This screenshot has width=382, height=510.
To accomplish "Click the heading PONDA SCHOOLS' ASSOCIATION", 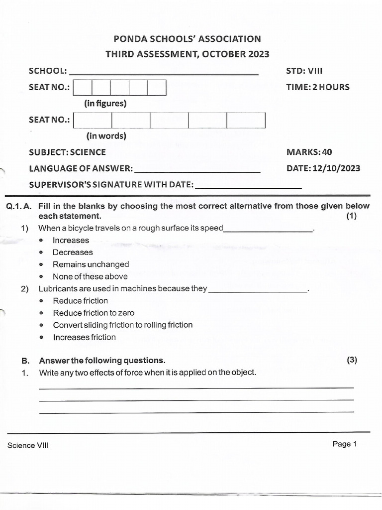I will pyautogui.click(x=187, y=39).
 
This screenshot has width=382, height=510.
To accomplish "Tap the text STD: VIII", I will pyautogui.click(x=307, y=71).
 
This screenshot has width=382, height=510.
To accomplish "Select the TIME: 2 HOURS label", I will pyautogui.click(x=317, y=87).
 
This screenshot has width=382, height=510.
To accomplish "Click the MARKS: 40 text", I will pyautogui.click(x=309, y=152).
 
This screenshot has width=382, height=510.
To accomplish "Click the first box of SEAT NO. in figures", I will pyautogui.click(x=83, y=88).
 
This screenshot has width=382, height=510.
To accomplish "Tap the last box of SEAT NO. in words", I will pyautogui.click(x=246, y=120).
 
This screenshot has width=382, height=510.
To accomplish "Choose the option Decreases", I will pyautogui.click(x=73, y=253).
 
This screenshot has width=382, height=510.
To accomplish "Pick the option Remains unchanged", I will pyautogui.click(x=91, y=264).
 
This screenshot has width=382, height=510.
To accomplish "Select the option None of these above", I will pyautogui.click(x=90, y=276).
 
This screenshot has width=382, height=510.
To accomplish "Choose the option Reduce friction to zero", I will pyautogui.click(x=94, y=313).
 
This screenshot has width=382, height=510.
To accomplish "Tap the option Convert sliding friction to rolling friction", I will pyautogui.click(x=122, y=325).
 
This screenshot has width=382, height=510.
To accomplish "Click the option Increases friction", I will pyautogui.click(x=84, y=337).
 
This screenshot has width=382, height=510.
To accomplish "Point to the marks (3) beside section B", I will pyautogui.click(x=352, y=360).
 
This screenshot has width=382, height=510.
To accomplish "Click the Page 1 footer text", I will pyautogui.click(x=345, y=444).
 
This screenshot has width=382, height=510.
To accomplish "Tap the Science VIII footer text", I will pyautogui.click(x=28, y=446).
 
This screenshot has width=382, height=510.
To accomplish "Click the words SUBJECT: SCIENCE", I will pyautogui.click(x=67, y=152).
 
